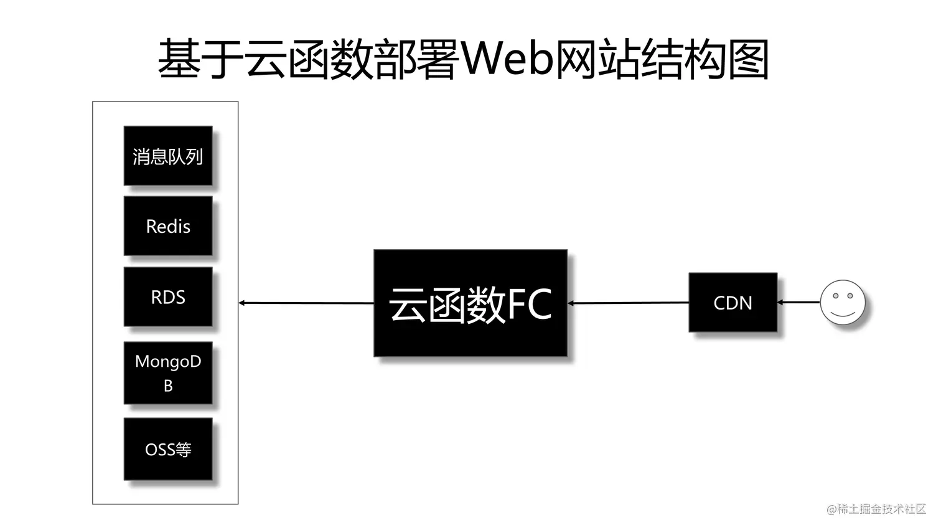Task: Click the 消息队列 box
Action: coord(168,156)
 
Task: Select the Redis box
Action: coord(168,226)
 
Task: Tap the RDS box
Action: coord(168,297)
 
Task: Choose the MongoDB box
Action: coord(168,373)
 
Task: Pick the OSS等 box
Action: coord(168,449)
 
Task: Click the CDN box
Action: coord(733,303)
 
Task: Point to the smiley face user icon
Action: coord(843,302)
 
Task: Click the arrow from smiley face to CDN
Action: coord(799,303)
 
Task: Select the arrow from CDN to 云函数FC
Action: coord(629,303)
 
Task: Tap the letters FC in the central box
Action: coord(529,305)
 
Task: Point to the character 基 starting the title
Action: coord(179,59)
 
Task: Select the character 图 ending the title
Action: coord(749,59)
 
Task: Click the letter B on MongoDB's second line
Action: coord(168,386)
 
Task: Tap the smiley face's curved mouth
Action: coord(843,312)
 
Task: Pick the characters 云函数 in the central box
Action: coord(447,305)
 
